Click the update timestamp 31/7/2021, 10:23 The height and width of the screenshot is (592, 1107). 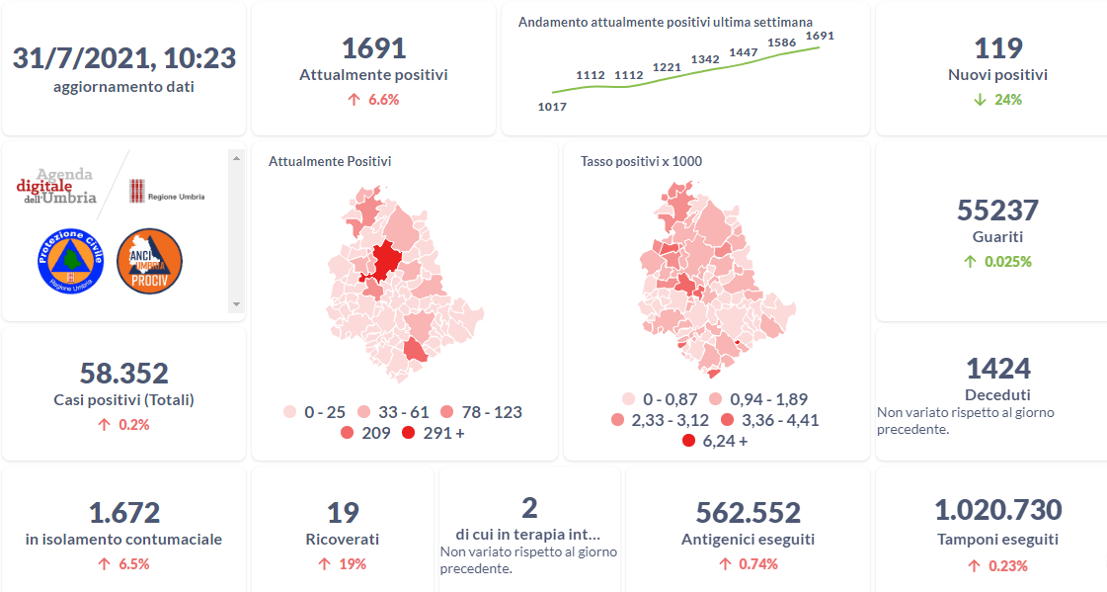tap(123, 58)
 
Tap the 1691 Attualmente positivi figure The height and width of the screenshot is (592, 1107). tap(373, 48)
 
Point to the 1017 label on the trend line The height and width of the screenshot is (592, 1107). tap(552, 107)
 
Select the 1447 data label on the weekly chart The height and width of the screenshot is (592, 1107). tap(743, 51)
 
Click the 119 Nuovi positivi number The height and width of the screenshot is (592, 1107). tap(997, 48)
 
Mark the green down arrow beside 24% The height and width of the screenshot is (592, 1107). tap(978, 100)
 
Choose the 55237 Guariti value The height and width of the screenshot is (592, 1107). tap(997, 211)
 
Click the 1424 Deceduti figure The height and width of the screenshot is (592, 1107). tap(997, 369)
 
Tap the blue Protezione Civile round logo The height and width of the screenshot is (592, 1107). tap(70, 260)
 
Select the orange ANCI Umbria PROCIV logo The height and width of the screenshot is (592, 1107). tap(149, 260)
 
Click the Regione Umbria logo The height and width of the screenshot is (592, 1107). tap(166, 192)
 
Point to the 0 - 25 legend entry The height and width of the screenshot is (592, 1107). tap(318, 412)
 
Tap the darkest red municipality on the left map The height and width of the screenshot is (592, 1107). tap(386, 259)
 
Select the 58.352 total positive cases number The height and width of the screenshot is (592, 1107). tap(123, 374)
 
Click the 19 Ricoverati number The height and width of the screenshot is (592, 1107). tap(342, 513)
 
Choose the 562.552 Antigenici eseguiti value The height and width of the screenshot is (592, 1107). tap(748, 513)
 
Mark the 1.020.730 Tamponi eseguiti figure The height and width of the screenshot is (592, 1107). tap(997, 511)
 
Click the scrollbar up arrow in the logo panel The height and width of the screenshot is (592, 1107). tap(235, 157)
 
